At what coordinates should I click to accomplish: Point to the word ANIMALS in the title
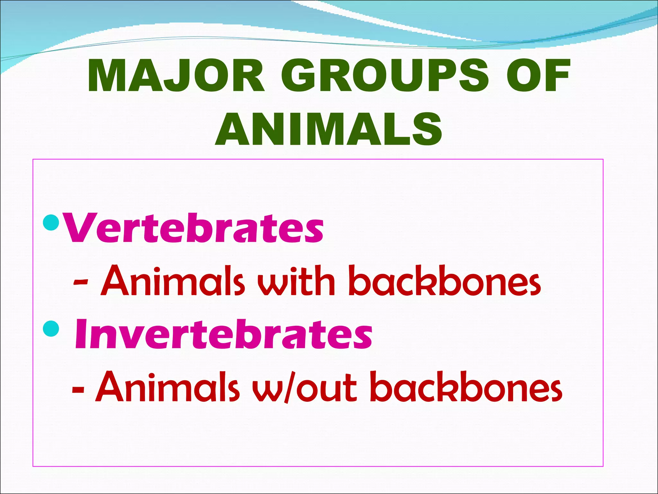[329, 129]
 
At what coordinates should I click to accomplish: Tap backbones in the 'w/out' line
[466, 387]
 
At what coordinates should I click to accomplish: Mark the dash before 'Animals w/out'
[78, 390]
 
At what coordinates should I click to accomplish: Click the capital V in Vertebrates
[80, 228]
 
